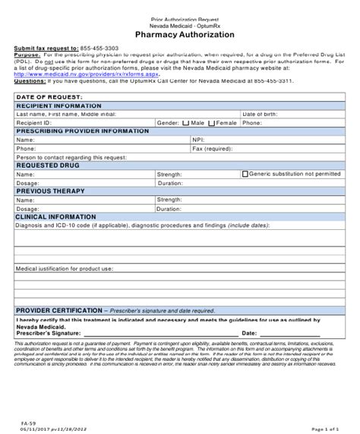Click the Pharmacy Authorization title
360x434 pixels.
coord(180,34)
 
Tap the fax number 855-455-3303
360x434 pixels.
coord(99,47)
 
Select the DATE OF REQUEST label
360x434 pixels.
coord(49,98)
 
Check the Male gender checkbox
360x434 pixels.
coord(185,122)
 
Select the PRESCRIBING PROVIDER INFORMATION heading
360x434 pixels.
coord(82,131)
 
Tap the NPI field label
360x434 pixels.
coord(197,140)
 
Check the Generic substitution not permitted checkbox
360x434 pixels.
coord(245,173)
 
